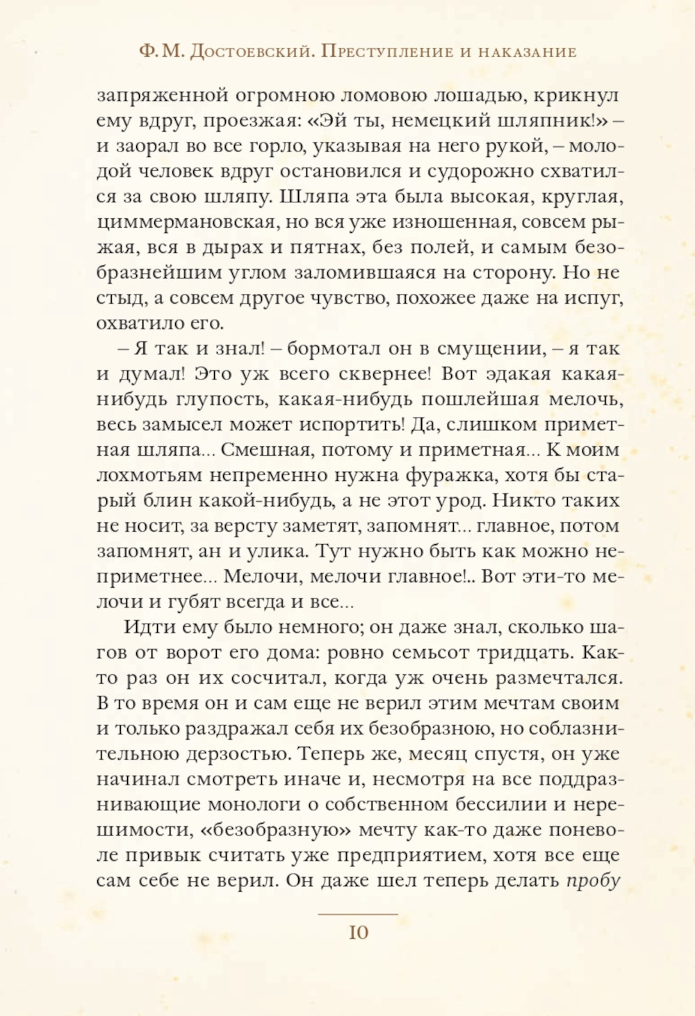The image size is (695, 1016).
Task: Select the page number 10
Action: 358,933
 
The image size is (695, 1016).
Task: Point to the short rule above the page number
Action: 358,914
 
